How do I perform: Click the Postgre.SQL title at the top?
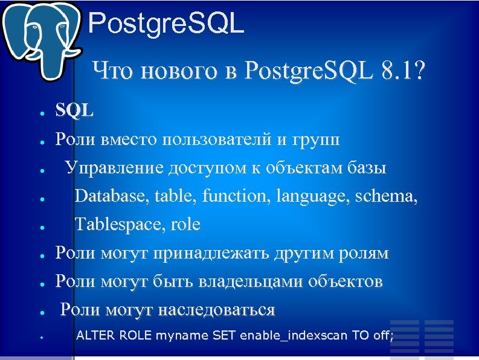pyautogui.click(x=166, y=25)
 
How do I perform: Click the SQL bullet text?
pyautogui.click(x=74, y=111)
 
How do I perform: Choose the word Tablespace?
pyautogui.click(x=120, y=224)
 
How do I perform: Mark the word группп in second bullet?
pyautogui.click(x=317, y=140)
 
